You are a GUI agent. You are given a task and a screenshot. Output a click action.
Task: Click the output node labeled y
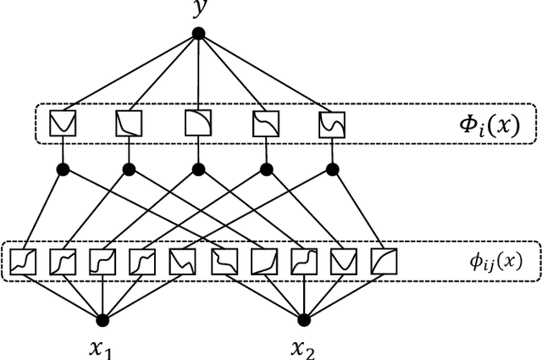click(x=198, y=34)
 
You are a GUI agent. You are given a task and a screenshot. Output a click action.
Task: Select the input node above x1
click(x=103, y=319)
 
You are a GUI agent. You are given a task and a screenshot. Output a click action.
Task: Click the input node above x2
click(x=304, y=319)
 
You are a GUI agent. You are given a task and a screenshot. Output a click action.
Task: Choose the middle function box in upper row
click(x=197, y=124)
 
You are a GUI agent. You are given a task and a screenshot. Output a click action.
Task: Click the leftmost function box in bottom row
click(x=23, y=262)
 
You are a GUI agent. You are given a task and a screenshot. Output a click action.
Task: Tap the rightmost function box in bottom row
click(x=384, y=262)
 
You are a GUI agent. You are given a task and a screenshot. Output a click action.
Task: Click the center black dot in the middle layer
click(x=198, y=169)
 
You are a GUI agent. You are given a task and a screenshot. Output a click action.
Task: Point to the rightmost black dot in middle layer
click(x=333, y=169)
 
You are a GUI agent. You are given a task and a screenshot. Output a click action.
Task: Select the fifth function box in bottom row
click(x=183, y=262)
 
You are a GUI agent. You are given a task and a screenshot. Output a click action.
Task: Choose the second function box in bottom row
click(x=63, y=262)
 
